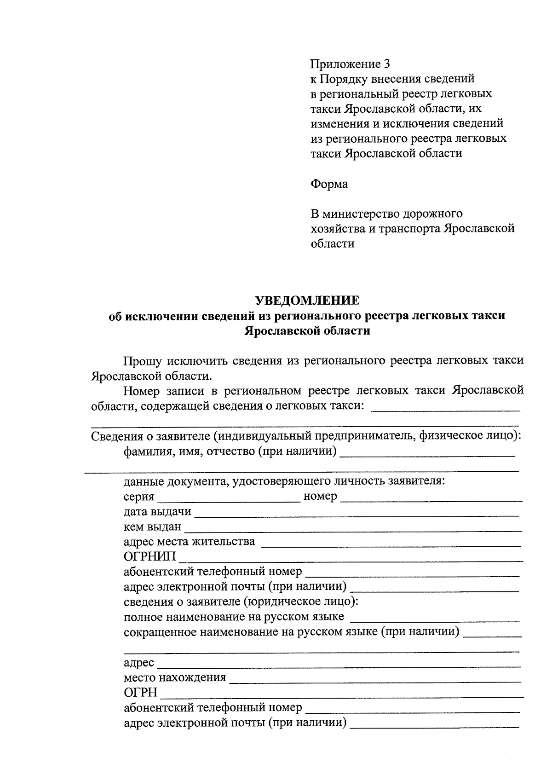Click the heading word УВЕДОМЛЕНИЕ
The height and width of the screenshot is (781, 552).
pyautogui.click(x=308, y=301)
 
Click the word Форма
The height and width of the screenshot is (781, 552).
pyautogui.click(x=329, y=184)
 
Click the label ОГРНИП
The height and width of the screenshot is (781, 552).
pyautogui.click(x=149, y=557)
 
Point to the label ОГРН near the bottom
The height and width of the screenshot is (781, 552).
pyautogui.click(x=141, y=693)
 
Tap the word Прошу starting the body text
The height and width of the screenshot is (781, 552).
pyautogui.click(x=141, y=361)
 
